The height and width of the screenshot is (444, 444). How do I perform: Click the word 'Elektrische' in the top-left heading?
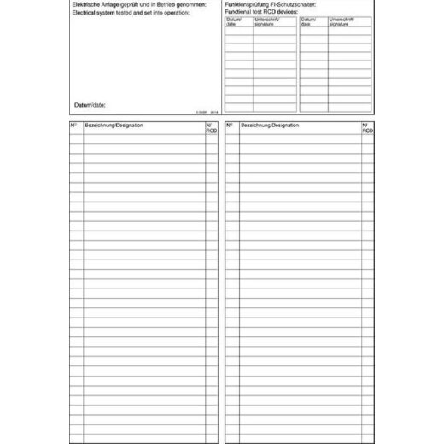pyautogui.click(x=89, y=5)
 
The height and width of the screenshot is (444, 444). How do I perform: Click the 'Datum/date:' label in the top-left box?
pyautogui.click(x=90, y=104)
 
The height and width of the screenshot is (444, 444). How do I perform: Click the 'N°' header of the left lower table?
pyautogui.click(x=74, y=126)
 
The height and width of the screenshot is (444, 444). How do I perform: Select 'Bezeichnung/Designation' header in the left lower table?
pyautogui.click(x=114, y=126)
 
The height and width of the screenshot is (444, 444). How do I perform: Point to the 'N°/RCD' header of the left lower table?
pyautogui.click(x=210, y=128)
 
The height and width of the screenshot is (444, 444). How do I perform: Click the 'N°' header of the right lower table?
pyautogui.click(x=230, y=126)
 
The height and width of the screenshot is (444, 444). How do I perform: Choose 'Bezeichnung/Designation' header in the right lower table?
pyautogui.click(x=270, y=126)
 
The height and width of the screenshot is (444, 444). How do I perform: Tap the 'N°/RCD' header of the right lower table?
pyautogui.click(x=366, y=128)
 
